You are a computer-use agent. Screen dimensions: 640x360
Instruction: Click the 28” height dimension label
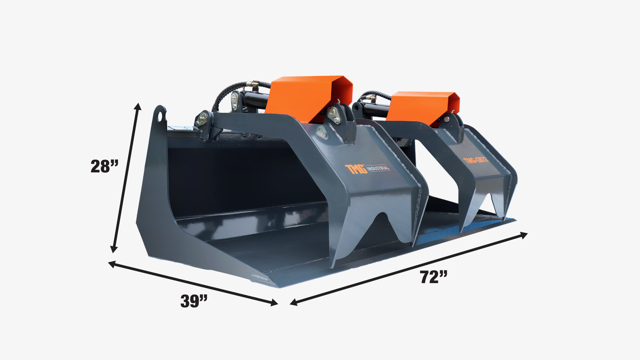tap(104, 166)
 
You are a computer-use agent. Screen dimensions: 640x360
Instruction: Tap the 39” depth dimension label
tap(194, 301)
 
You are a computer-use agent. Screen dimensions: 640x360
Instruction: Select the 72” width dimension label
tap(434, 277)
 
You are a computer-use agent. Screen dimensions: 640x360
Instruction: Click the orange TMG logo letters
tap(356, 169)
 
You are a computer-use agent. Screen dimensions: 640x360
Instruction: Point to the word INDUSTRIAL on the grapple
tap(378, 168)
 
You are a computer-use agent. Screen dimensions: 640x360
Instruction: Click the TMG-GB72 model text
tap(476, 160)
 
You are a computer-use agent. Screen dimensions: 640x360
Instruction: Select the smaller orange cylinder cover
tap(423, 108)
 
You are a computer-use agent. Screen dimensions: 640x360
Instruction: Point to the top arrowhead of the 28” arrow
tap(138, 106)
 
